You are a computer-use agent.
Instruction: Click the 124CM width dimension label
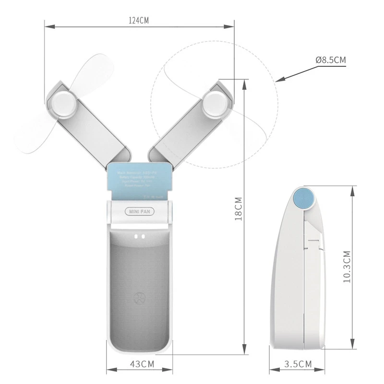pyautogui.click(x=139, y=21)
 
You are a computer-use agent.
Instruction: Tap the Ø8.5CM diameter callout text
pyautogui.click(x=330, y=60)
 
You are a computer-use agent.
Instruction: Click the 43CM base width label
pyautogui.click(x=139, y=364)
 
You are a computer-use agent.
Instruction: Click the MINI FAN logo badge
pyautogui.click(x=138, y=211)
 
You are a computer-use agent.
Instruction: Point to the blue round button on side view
pyautogui.click(x=304, y=198)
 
